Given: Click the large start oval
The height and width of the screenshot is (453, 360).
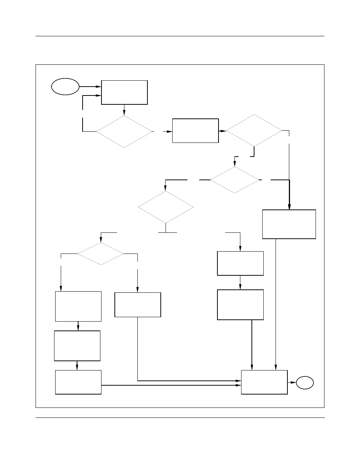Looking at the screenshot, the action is [x=65, y=87].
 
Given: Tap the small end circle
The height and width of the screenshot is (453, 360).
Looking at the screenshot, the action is [x=304, y=382].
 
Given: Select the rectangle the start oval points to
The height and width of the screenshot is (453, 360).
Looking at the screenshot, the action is [x=124, y=92].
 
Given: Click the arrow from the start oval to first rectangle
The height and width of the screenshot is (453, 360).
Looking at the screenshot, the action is [x=90, y=87].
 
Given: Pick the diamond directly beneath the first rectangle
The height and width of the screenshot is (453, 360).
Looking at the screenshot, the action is [x=124, y=132].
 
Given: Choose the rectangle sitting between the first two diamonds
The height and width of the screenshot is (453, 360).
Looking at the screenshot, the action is [x=195, y=131].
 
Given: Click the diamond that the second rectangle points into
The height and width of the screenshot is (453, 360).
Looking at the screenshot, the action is [x=254, y=130].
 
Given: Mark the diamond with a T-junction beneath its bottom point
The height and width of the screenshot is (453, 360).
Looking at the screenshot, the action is [x=166, y=207].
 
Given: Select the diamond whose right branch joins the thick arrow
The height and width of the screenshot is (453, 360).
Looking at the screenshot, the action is [x=235, y=180].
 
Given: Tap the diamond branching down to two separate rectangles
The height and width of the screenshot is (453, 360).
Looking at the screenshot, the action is [x=100, y=254].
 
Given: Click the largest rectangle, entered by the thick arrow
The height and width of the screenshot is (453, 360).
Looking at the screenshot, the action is [x=289, y=224].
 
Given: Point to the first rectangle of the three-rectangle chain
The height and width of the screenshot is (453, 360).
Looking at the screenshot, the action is [x=78, y=306].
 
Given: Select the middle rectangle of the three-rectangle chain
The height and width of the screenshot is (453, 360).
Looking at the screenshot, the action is [x=77, y=346].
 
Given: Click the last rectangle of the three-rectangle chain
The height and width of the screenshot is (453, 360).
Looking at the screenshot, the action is [x=78, y=382].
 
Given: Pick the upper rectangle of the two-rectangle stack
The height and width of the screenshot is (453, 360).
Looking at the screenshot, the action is [x=240, y=264].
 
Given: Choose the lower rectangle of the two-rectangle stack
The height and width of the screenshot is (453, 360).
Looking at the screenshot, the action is [x=240, y=305].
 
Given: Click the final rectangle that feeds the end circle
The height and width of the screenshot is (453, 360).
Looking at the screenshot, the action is [x=264, y=382].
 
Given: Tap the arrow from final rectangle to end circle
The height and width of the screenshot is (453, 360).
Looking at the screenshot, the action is [x=292, y=382].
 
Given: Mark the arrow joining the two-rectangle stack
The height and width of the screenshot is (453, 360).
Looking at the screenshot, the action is [x=240, y=283].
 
